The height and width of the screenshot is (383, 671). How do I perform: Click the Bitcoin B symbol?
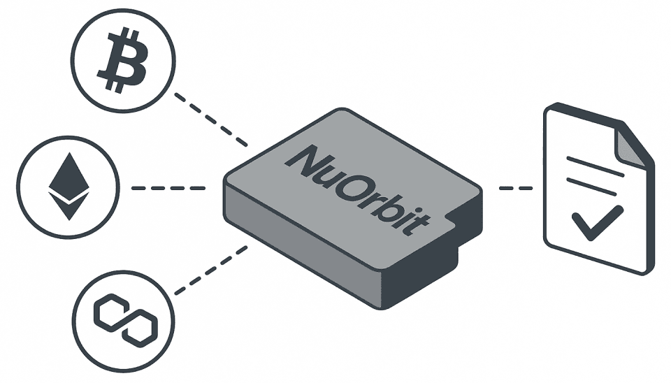coord(123,60)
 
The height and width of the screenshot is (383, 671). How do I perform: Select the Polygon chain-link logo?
coord(125,320)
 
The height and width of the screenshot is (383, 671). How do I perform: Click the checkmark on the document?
coord(598,223)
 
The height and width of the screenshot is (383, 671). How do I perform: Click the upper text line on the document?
coord(596,166)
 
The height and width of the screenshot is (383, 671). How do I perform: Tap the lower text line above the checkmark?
coord(591,187)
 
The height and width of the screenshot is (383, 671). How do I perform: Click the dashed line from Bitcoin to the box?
coord(211,120)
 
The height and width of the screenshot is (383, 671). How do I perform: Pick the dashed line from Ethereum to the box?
coord(168,188)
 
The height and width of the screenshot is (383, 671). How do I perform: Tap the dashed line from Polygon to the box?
coord(211,270)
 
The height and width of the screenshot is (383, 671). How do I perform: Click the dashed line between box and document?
coord(516,188)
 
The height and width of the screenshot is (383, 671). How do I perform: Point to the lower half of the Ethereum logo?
coord(68,205)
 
